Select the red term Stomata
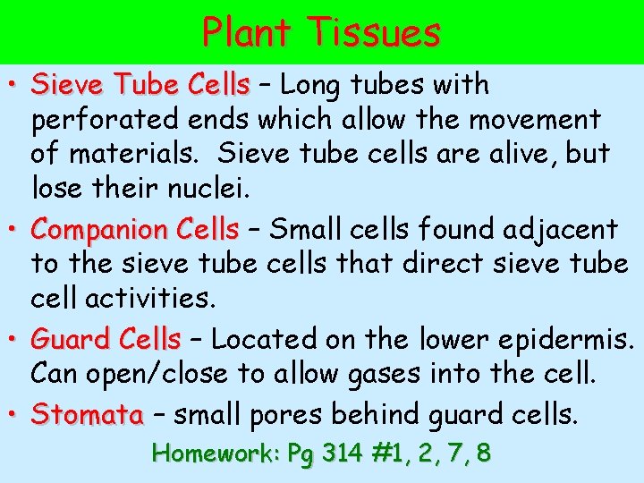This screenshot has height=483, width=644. (x=87, y=415)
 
